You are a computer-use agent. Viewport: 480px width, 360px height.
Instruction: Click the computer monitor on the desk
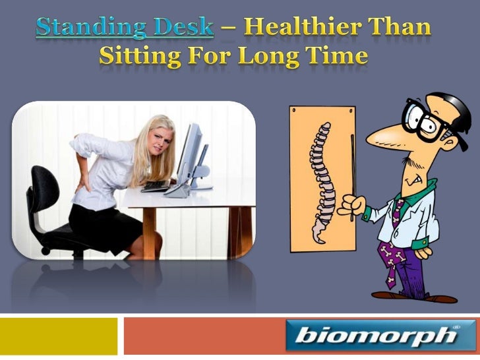(x=191, y=154)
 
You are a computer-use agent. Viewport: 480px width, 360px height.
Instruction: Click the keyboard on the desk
(x=156, y=185)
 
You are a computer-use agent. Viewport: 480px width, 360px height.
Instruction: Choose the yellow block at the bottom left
(x=59, y=336)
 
